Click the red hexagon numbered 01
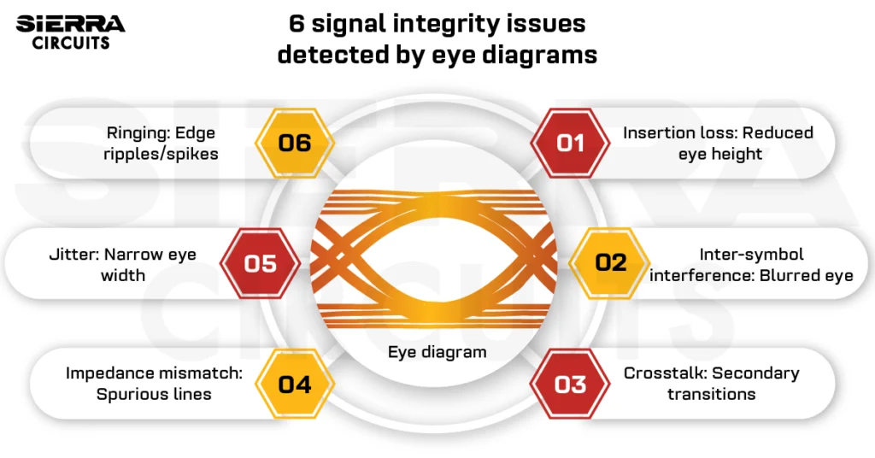click(570, 143)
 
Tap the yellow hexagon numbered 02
click(611, 262)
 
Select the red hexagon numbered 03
click(570, 384)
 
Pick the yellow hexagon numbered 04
click(295, 384)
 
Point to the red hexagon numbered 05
click(260, 262)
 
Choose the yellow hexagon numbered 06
click(295, 143)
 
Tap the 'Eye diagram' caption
click(437, 352)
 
